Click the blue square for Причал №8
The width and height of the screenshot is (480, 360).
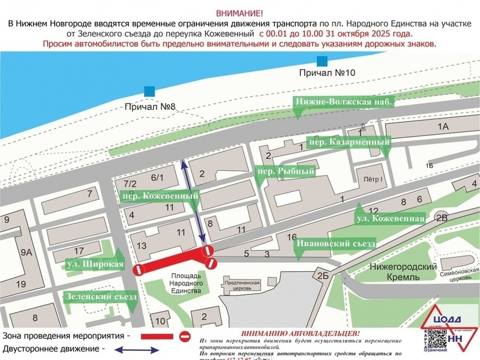point(149,91)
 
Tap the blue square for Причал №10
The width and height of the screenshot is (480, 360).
point(321,61)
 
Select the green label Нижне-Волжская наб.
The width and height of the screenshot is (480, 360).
point(343,102)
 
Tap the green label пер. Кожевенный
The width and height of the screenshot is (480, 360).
point(159,195)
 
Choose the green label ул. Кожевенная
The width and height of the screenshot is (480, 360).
point(390,219)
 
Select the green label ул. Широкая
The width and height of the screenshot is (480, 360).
point(95,264)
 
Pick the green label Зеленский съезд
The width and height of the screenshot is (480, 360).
point(101,297)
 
